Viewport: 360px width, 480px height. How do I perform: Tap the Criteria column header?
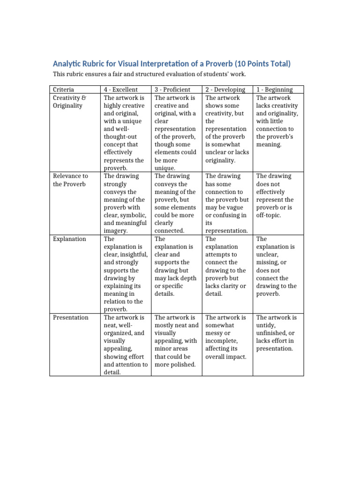click(63, 90)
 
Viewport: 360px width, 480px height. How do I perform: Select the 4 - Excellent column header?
click(120, 90)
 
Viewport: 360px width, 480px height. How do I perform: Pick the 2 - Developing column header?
click(225, 90)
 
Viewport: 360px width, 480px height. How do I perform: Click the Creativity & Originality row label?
click(68, 102)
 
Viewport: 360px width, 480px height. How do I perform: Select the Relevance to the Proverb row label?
click(70, 180)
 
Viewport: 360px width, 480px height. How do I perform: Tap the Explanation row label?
click(69, 239)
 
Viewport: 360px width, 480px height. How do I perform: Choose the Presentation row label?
click(70, 318)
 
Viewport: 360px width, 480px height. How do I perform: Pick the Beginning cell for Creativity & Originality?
click(277, 121)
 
